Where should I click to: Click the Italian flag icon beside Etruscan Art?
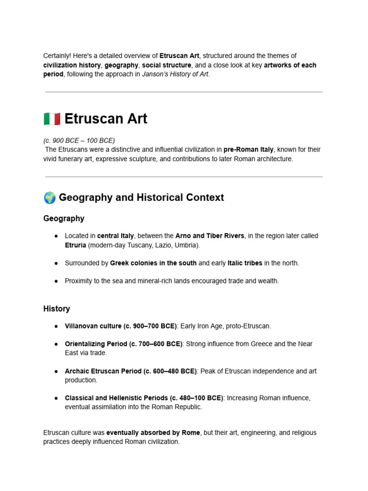52,118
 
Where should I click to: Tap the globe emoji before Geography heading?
49,198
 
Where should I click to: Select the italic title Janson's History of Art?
176,74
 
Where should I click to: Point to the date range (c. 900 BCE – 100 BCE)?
79,140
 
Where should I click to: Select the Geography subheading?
64,219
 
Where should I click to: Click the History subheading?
57,309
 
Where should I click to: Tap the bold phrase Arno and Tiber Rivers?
210,236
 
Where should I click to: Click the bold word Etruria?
75,245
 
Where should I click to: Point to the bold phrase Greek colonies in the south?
153,263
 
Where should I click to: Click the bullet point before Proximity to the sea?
56,281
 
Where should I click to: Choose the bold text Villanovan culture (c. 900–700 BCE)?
121,326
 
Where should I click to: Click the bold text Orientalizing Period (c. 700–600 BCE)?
124,344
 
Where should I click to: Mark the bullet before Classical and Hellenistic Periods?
56,398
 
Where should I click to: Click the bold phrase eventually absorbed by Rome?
153,433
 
